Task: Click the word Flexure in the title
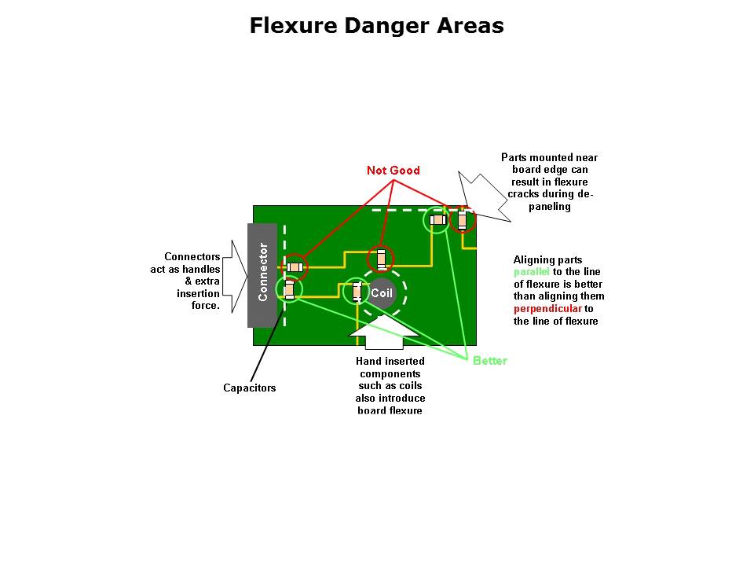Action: coord(294,26)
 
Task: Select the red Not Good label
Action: coord(393,171)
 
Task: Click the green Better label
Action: coord(490,361)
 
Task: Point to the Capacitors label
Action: coord(250,388)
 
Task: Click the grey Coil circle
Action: coord(382,293)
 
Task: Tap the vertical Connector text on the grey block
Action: coord(263,272)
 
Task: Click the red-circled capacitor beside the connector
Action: coord(295,267)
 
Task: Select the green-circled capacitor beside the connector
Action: coord(289,290)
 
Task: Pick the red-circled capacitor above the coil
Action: coord(381,259)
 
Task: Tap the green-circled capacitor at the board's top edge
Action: coord(437,220)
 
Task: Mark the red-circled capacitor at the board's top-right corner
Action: coord(463,219)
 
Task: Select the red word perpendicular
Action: coord(548,309)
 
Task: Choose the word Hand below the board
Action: coord(368,362)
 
